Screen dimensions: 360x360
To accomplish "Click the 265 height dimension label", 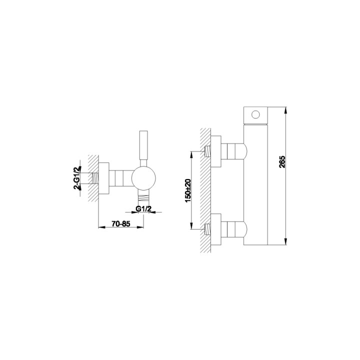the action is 282,162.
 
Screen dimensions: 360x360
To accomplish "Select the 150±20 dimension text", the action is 187,190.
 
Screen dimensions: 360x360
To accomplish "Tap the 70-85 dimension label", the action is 121,223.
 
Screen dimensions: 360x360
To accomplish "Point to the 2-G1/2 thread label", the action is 77,177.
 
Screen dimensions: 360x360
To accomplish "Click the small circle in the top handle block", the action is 255,114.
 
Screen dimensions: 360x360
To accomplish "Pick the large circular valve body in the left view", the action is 143,178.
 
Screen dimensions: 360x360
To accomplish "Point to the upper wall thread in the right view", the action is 207,151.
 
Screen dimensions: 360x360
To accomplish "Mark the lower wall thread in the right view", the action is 207,229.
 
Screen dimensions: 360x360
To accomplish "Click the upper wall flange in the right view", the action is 216,151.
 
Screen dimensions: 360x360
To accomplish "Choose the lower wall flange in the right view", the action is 216,229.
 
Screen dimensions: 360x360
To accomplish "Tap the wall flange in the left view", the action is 104,178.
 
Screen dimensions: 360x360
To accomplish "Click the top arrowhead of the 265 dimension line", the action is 285,110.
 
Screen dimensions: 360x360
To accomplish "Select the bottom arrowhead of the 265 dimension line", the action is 285,241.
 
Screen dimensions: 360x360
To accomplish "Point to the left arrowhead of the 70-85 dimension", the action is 101,227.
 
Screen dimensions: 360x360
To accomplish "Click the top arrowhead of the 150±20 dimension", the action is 191,154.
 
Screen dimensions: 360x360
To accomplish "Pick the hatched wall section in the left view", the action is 93,178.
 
